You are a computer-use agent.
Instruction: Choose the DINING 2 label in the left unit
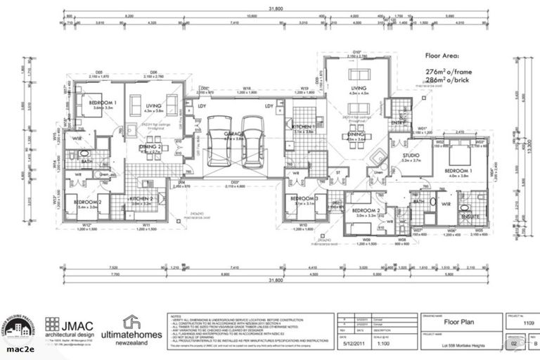[150, 146]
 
